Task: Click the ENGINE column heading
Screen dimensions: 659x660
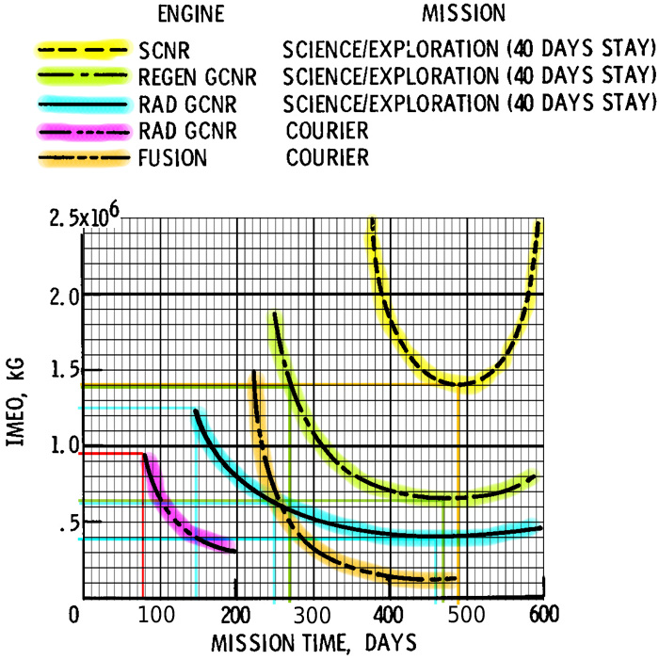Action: (191, 14)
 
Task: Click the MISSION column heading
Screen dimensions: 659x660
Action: (464, 13)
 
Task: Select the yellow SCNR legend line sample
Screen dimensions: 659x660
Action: (83, 50)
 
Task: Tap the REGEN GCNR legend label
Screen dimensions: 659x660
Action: (198, 77)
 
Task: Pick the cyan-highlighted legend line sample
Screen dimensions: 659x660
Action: (83, 104)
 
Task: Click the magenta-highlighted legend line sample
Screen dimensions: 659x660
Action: (84, 132)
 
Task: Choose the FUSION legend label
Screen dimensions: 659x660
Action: (172, 158)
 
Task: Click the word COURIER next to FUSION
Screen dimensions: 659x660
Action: (328, 158)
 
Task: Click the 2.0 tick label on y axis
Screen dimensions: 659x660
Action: (64, 298)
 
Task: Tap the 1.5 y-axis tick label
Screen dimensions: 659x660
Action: (65, 370)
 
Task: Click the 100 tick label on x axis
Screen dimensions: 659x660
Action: (156, 616)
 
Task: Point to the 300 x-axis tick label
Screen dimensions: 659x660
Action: (312, 616)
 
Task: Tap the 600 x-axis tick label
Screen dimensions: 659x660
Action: (544, 615)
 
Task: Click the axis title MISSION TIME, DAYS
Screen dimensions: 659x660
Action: (313, 643)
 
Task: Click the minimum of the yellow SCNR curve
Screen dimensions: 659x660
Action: (459, 384)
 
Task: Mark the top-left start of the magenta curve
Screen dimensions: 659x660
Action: (144, 455)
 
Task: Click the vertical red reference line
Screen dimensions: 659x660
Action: (143, 525)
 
